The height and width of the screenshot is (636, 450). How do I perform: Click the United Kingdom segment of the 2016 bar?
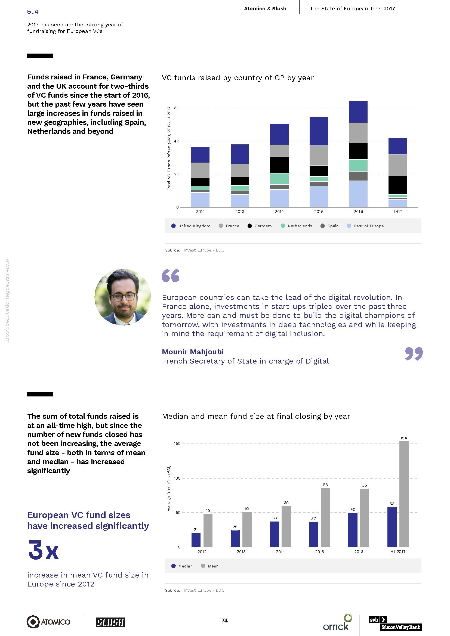tap(358, 112)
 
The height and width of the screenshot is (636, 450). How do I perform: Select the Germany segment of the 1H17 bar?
tap(398, 185)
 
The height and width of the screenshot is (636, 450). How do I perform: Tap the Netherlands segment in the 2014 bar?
tap(279, 179)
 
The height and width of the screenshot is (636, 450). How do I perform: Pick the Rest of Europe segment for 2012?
tap(200, 200)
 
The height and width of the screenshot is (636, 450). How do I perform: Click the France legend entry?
tap(229, 226)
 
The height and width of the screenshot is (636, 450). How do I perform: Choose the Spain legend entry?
tap(329, 226)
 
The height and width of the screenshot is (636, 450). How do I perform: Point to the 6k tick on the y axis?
tap(176, 108)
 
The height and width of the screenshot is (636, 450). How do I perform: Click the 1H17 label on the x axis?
tap(398, 212)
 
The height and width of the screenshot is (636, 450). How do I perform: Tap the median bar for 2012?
tap(196, 540)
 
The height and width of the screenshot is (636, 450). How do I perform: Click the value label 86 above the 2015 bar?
tap(325, 485)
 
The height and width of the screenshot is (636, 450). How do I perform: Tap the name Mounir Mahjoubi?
tap(193, 352)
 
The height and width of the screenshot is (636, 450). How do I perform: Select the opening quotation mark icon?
tap(170, 276)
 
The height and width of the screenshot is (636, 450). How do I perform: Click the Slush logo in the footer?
tap(110, 622)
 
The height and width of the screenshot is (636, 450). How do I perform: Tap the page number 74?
tap(224, 621)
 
